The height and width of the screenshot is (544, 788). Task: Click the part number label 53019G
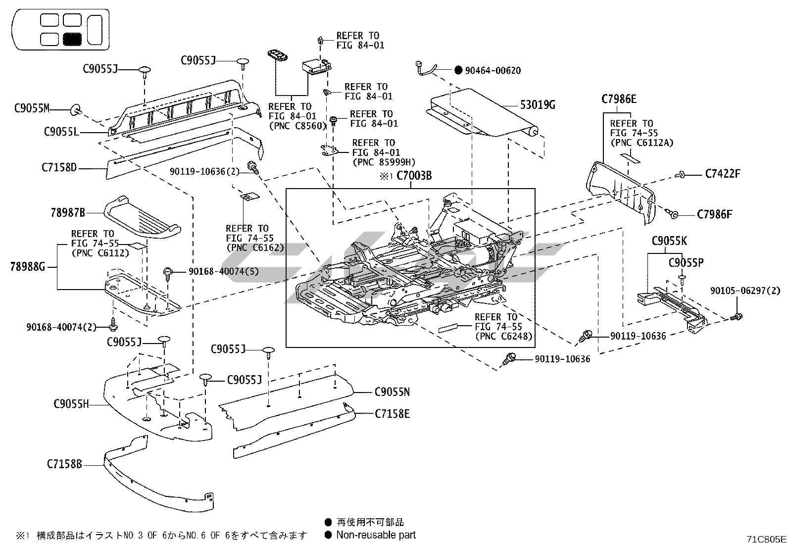coord(538,105)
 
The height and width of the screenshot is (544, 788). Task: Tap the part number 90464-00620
coord(492,70)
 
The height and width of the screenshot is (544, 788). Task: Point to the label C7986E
coord(619,99)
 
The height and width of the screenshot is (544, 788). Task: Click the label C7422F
coord(723,174)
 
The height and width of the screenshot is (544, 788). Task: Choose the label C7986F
coord(714,214)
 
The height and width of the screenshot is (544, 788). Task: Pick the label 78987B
coord(68,213)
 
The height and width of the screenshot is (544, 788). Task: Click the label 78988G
coord(28,267)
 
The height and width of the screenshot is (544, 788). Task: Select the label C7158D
coord(59,168)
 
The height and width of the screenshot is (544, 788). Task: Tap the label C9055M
coord(32,108)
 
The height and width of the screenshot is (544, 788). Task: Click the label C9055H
coord(71,404)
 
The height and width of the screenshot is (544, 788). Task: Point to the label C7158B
coord(64,464)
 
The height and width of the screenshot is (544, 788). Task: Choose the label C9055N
coord(392,393)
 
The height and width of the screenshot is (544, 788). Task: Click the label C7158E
coord(392,414)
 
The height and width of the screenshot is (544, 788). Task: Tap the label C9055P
coord(686,263)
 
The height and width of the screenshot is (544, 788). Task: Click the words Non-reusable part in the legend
coord(376,535)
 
